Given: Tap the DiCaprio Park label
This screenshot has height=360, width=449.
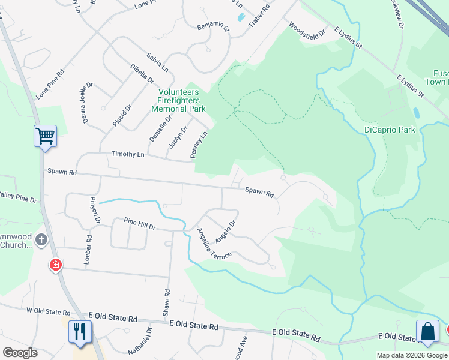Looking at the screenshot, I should point(390,130).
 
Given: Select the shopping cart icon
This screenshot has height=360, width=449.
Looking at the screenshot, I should point(45,137).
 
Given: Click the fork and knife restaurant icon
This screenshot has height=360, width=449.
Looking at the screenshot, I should point(80,331).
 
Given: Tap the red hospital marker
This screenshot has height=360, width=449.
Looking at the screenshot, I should point(56,264).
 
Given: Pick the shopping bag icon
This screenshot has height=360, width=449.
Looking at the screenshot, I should point(427,331).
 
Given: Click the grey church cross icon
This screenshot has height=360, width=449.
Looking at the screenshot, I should point(41,240).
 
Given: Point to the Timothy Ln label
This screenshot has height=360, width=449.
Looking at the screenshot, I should point(128,154).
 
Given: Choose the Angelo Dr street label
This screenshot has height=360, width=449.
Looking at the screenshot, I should point(225,229).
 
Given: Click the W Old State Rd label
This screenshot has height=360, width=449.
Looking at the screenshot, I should point(49,311).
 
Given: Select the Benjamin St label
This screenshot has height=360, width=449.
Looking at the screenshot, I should point(213,27).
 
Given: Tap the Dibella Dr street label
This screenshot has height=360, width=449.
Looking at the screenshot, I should point(142,73).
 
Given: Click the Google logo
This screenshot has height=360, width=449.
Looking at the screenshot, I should point(20,353).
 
